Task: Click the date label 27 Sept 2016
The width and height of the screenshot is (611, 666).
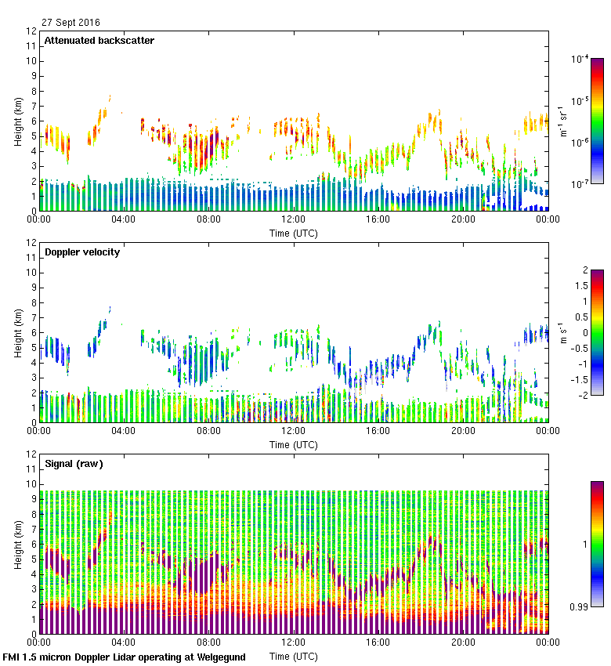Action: click(x=70, y=23)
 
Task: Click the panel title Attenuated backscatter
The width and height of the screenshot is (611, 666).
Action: click(x=99, y=41)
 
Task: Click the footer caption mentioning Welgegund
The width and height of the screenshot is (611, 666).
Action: click(x=125, y=657)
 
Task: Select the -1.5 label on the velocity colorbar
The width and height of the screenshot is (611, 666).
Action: click(x=579, y=379)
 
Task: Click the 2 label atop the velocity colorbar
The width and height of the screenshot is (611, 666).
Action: click(x=584, y=270)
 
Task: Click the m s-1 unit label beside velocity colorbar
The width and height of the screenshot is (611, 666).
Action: click(x=564, y=333)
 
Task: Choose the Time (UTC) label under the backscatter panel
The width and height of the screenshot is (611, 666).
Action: click(x=293, y=233)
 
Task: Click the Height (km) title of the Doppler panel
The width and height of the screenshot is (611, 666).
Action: click(x=17, y=333)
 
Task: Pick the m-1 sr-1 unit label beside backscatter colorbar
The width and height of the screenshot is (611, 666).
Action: click(x=564, y=121)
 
